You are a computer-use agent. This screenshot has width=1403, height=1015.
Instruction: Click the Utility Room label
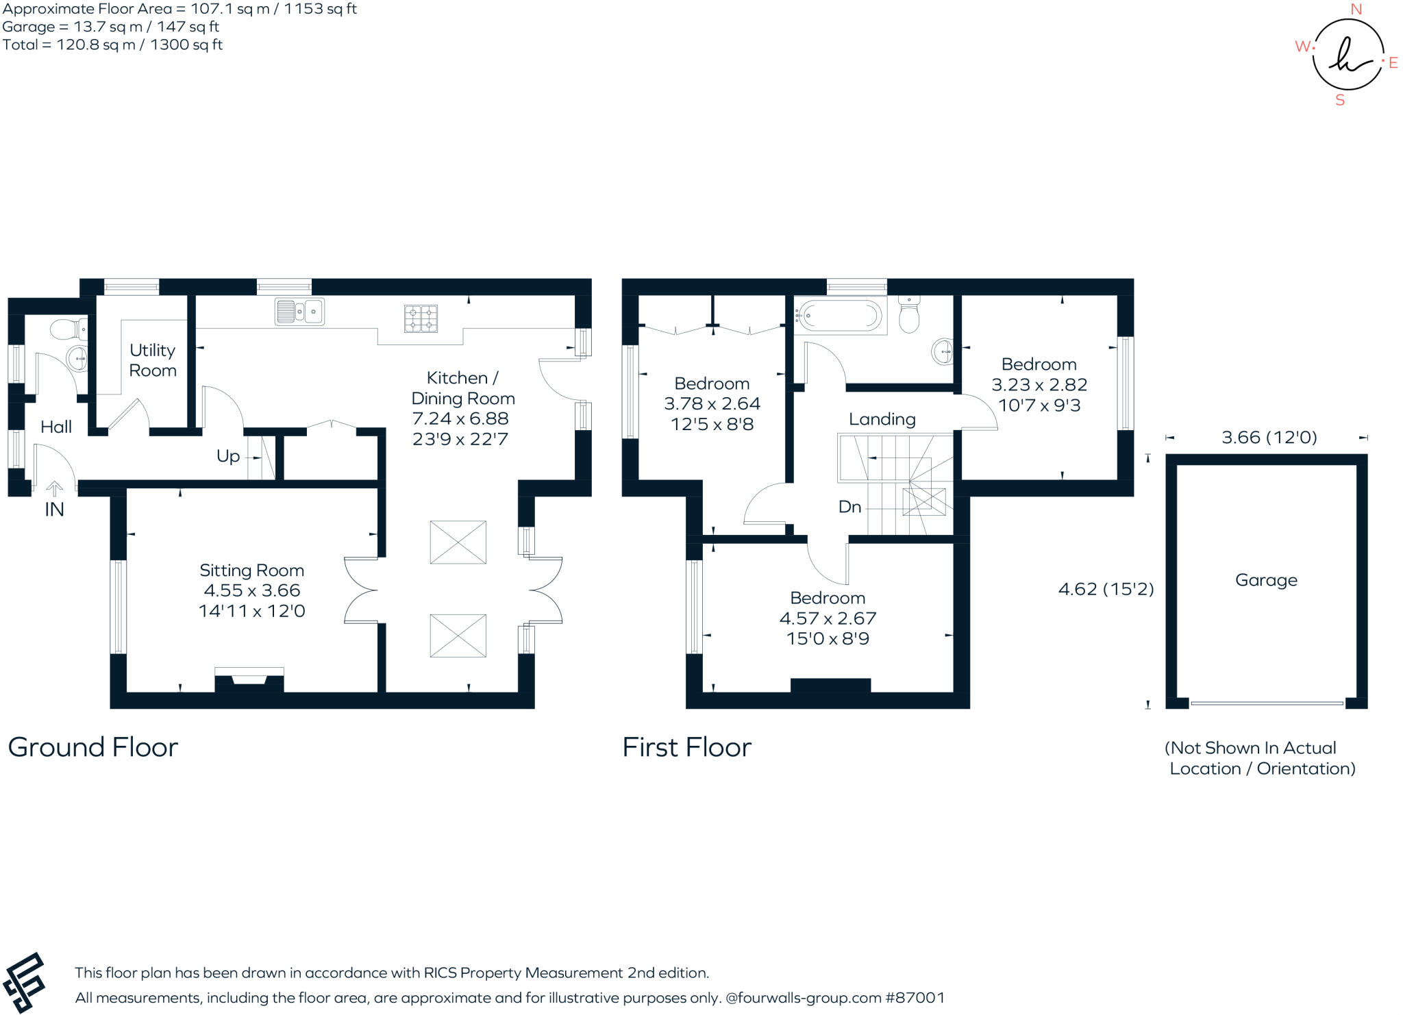point(153,360)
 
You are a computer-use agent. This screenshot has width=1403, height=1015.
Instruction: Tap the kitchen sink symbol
point(299,312)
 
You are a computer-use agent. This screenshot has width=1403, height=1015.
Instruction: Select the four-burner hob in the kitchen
point(421,318)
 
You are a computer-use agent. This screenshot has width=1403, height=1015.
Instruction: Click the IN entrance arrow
point(54,490)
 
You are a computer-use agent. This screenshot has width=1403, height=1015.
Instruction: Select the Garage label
point(1266,580)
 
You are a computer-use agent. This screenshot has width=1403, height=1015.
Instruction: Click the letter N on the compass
point(1356,10)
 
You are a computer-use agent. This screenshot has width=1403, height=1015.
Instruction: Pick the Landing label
point(882,419)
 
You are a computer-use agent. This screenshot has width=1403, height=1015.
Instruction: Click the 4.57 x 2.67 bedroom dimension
point(828,618)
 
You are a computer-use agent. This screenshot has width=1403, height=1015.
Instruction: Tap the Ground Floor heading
point(93,747)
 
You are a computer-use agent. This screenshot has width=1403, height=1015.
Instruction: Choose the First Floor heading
point(686,747)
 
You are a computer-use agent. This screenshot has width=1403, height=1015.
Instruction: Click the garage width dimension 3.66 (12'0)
point(1269,438)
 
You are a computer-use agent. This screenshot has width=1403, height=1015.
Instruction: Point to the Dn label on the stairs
point(849,507)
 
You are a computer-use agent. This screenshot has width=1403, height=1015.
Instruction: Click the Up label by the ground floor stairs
point(228,456)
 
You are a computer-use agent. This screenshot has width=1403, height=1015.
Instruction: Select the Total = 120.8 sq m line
point(112,45)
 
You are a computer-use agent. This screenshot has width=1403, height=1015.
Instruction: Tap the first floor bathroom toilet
point(909,315)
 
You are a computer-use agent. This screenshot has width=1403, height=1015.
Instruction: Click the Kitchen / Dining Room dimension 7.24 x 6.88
point(460,418)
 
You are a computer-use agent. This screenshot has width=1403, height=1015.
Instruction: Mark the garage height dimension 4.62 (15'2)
point(1106,589)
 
